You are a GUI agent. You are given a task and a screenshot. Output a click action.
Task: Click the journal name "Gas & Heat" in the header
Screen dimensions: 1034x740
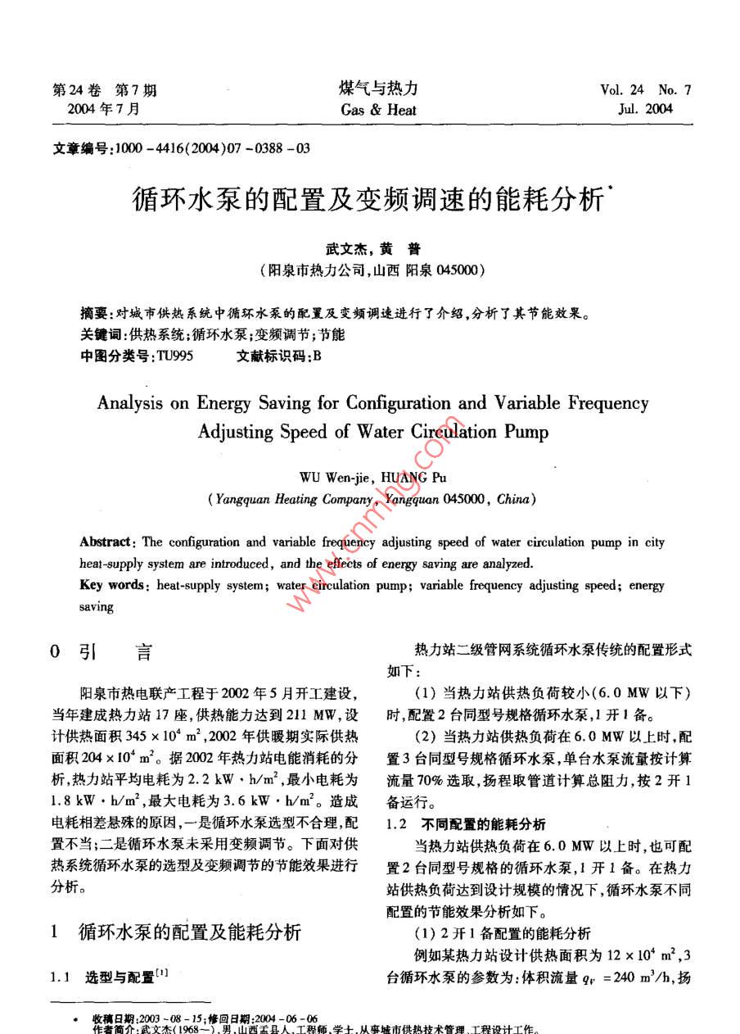[x=378, y=110]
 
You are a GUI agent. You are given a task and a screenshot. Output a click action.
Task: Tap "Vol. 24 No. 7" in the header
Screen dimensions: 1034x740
[x=645, y=90]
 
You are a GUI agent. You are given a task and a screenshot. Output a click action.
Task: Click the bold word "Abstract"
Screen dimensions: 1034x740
[x=106, y=542]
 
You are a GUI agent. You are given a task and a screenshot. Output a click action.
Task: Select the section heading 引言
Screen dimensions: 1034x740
[x=115, y=653]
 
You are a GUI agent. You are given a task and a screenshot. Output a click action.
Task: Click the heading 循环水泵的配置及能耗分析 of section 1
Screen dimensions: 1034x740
[x=189, y=932]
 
